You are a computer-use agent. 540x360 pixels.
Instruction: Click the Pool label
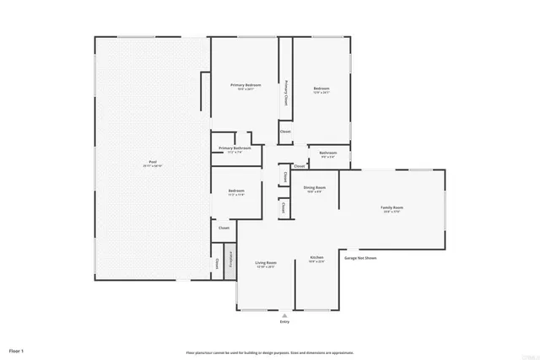pyautogui.click(x=153, y=161)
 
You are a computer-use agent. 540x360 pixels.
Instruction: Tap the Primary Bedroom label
pyautogui.click(x=246, y=85)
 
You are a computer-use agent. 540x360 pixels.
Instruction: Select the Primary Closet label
pyautogui.click(x=286, y=93)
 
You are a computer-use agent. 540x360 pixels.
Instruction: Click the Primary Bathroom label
pyautogui.click(x=235, y=148)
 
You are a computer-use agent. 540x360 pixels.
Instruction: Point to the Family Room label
pyautogui.click(x=392, y=207)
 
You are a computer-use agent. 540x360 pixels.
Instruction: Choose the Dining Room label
pyautogui.click(x=315, y=187)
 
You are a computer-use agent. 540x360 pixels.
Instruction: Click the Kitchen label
pyautogui.click(x=316, y=257)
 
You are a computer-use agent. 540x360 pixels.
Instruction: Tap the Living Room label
pyautogui.click(x=267, y=263)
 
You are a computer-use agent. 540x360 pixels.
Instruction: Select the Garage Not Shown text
pyautogui.click(x=360, y=258)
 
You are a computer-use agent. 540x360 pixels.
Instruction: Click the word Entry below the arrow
pyautogui.click(x=283, y=322)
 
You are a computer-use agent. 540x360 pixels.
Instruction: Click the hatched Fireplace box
pyautogui.click(x=229, y=261)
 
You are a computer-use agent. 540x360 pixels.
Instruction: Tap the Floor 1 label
pyautogui.click(x=17, y=349)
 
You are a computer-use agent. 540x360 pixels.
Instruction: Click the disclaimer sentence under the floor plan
pyautogui.click(x=269, y=352)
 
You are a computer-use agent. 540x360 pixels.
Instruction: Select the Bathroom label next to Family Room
pyautogui.click(x=327, y=153)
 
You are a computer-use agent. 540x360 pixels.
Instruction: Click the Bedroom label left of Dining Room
pyautogui.click(x=236, y=191)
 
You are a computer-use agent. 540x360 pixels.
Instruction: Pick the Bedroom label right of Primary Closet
pyautogui.click(x=321, y=89)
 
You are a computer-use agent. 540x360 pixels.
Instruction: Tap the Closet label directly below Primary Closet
pyautogui.click(x=285, y=132)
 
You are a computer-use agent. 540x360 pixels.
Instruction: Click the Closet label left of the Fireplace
pyautogui.click(x=217, y=263)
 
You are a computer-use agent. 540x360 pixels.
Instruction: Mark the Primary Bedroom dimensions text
pyautogui.click(x=246, y=89)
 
